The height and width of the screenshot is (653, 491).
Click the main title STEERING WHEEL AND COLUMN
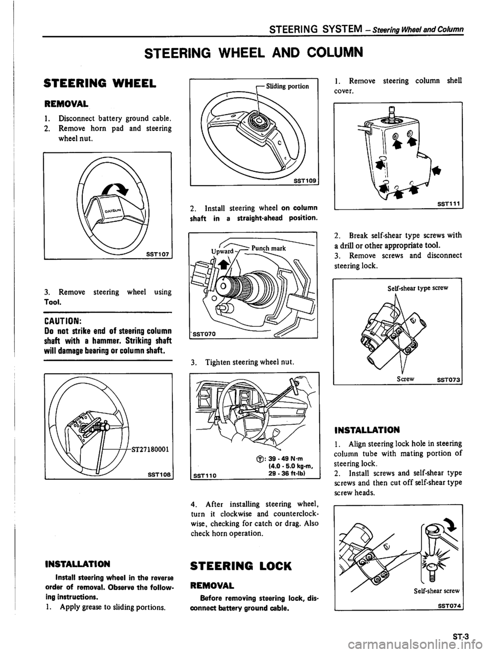click(245, 53)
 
